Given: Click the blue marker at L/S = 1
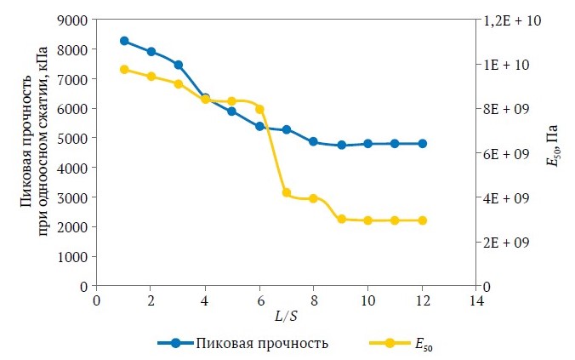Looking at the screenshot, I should [x=124, y=41].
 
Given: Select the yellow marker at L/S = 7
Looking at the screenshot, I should [x=287, y=192].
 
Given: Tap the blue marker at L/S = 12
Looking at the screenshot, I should [x=422, y=144].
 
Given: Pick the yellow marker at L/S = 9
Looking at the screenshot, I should [x=341, y=219].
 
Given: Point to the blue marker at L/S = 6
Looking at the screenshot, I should [x=259, y=126].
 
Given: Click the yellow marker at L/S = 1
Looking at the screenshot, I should [x=124, y=70].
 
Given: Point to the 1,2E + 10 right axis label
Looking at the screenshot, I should [x=507, y=20].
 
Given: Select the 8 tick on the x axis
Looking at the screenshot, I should [x=314, y=300].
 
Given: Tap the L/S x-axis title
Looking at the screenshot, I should [x=286, y=317].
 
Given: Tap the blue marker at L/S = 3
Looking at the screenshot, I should [x=179, y=65].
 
